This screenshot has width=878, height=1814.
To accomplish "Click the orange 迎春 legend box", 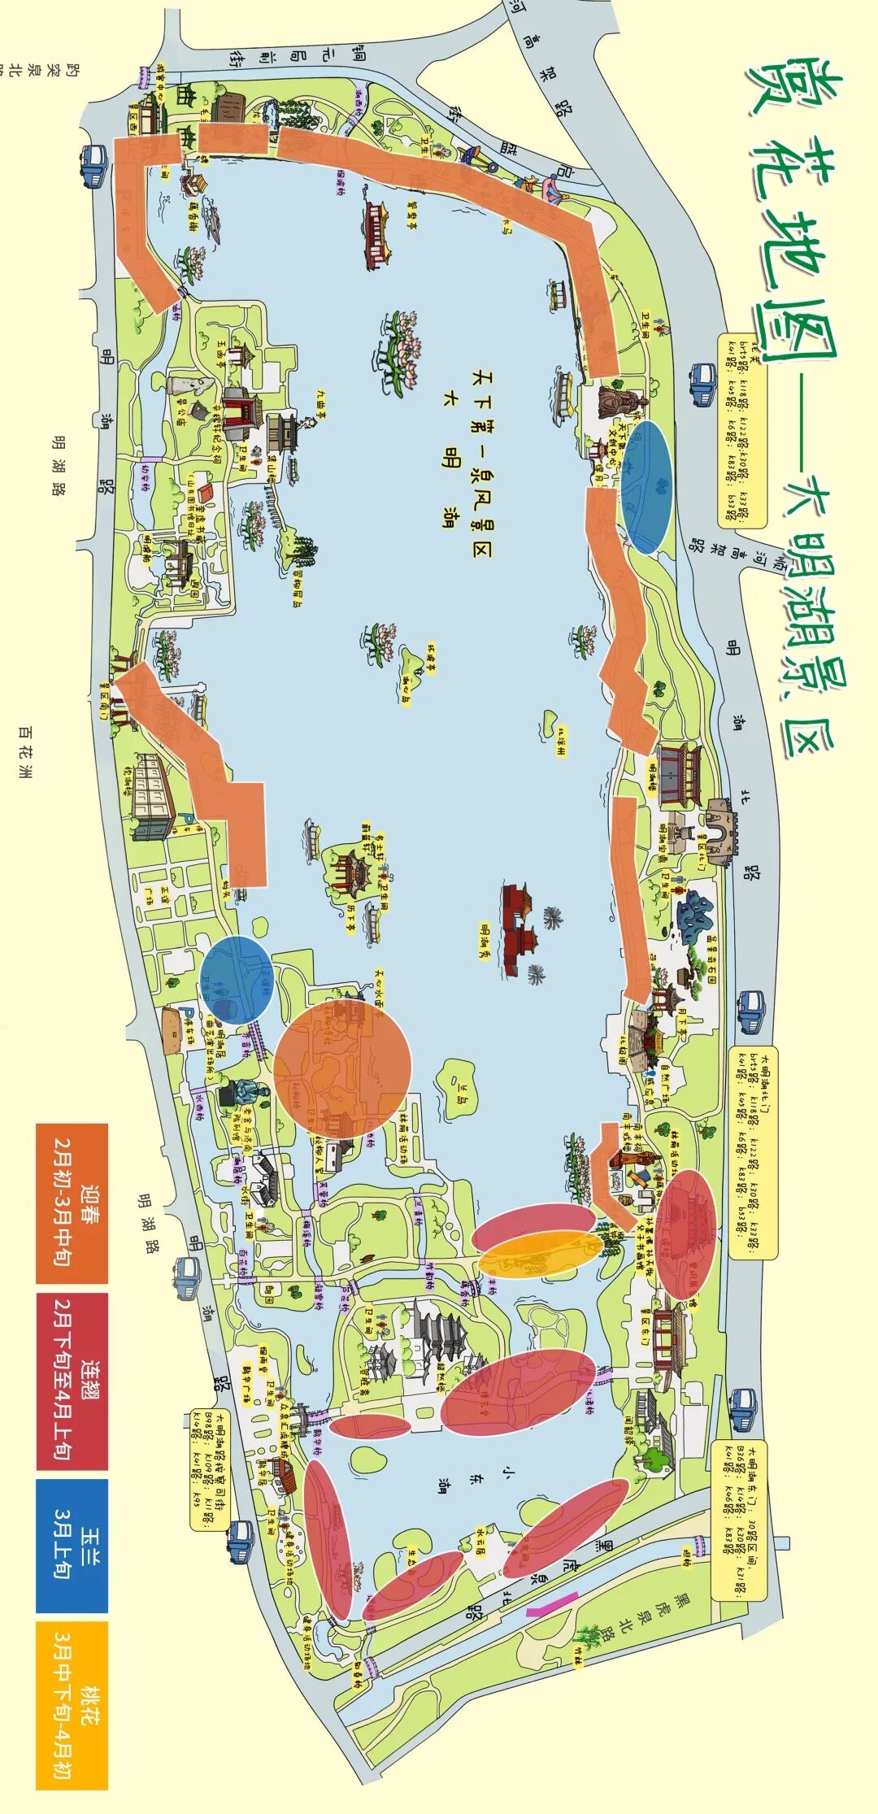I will coord(72,1203).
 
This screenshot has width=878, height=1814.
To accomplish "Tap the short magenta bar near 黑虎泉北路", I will coord(552,1602).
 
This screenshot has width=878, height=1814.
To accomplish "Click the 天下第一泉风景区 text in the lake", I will coord(481,455).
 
